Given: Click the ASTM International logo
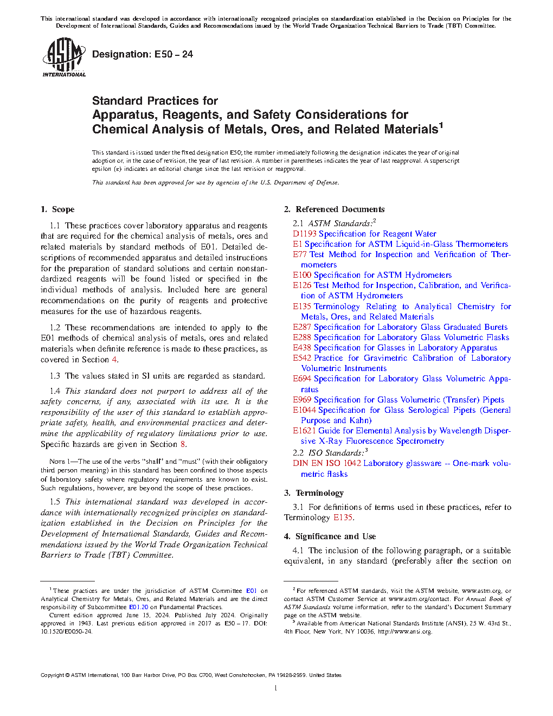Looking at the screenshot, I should click(63, 57).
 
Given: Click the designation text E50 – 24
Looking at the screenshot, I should click(143, 54).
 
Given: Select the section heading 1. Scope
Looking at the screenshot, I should click(57, 209).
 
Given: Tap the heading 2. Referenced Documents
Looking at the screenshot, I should click(334, 209).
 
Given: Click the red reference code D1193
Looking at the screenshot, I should click(304, 234).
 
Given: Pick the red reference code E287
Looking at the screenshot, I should click(302, 327).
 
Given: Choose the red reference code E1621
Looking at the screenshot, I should click(304, 431).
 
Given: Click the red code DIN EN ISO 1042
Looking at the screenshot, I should click(326, 463).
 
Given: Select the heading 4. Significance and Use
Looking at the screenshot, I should click(330, 536).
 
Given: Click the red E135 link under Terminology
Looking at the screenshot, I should click(343, 517).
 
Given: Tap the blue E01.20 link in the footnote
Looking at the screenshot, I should click(138, 607).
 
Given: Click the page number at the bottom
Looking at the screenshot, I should click(276, 688).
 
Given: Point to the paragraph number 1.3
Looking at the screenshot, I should click(55, 376).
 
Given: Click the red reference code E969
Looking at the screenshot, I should click(302, 400).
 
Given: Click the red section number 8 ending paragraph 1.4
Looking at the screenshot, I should click(183, 444).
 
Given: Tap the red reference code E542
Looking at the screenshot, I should click(302, 358).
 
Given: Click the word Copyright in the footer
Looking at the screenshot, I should click(52, 675).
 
